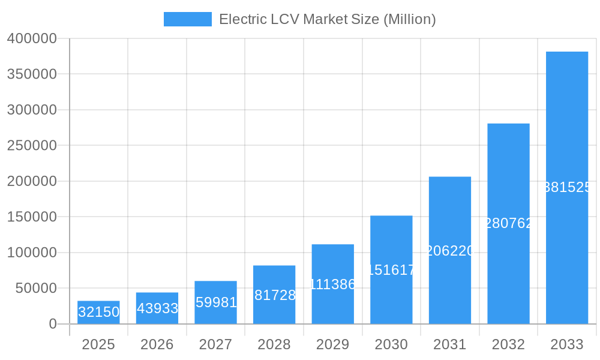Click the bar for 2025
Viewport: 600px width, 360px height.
pos(98,312)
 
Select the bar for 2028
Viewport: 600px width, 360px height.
pos(274,295)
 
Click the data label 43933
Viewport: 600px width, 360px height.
pos(157,308)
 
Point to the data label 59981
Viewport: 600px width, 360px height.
pos(216,302)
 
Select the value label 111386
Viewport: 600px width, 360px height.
pos(333,284)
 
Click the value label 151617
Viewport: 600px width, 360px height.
pos(391,270)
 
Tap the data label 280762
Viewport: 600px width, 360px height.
pos(508,223)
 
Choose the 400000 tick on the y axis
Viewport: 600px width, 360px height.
pos(32,38)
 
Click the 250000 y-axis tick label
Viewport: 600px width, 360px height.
pos(32,146)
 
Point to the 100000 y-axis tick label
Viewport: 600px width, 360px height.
pos(32,253)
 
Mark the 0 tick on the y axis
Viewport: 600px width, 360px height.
pos(52,324)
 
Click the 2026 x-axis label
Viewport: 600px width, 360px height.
pos(157,344)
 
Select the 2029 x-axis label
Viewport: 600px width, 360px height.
pos(333,344)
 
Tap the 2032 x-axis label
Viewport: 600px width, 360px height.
pos(508,344)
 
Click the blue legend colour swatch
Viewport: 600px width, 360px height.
pos(187,19)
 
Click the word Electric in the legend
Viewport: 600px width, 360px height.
pos(242,19)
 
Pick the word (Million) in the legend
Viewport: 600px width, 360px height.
pos(409,19)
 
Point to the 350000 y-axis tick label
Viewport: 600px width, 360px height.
pos(32,74)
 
